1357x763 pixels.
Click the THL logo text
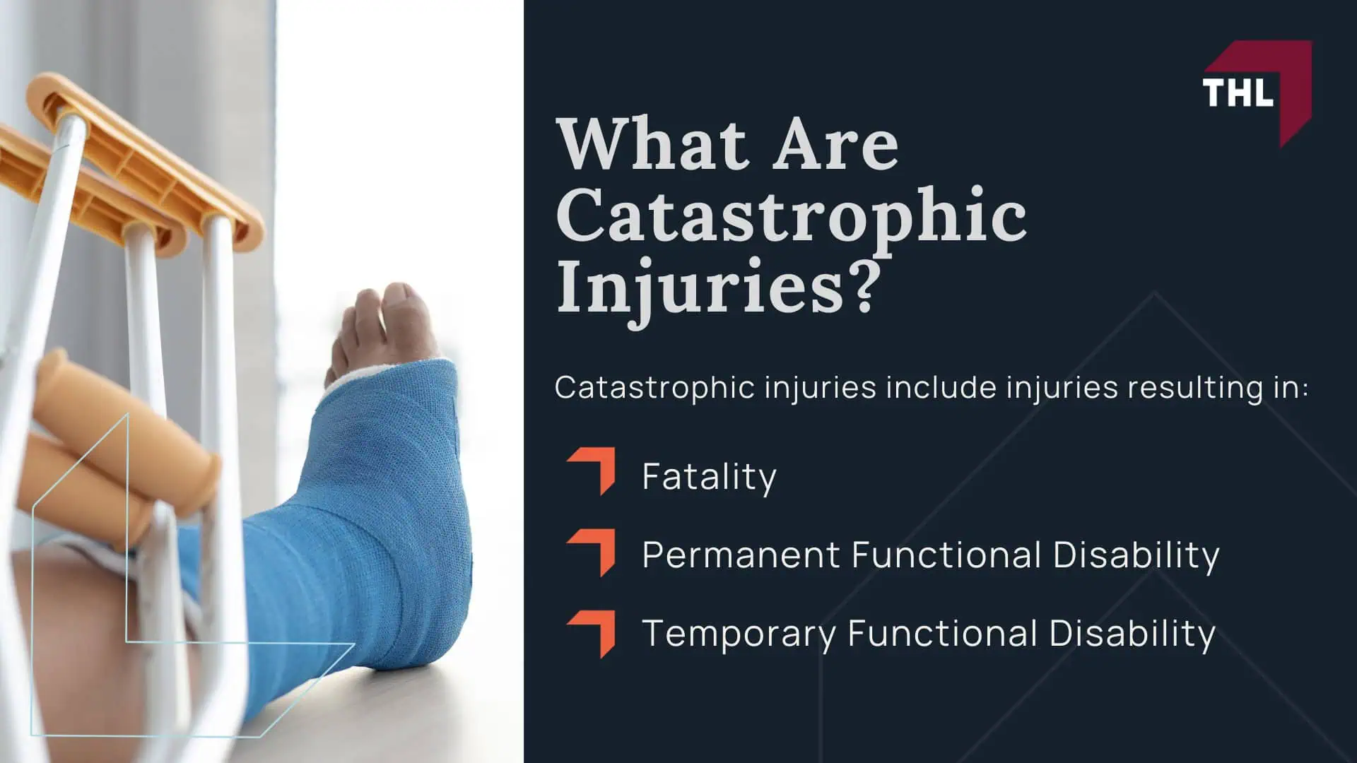[1238, 93]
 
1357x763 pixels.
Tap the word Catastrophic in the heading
[791, 215]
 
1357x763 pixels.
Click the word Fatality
[709, 477]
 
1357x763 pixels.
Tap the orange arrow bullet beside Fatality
[592, 471]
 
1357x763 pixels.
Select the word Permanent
[740, 555]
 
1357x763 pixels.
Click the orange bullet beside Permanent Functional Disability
[592, 552]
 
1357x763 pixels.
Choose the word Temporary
[739, 634]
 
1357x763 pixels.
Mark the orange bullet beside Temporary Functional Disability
[592, 634]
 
